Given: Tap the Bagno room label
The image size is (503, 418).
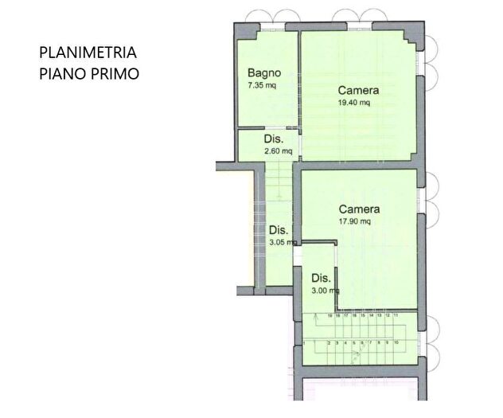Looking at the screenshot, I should point(262,73).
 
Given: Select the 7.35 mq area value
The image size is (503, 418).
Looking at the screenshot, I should point(262,84).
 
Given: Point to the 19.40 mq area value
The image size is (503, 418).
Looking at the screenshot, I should point(354,103).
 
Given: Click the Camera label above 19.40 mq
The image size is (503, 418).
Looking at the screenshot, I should point(357,91).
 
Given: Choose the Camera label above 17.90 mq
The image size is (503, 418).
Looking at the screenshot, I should point(359,209).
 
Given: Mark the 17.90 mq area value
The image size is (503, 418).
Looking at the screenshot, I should point(355,222).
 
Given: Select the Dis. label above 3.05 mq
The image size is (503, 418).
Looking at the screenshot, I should point(277,230).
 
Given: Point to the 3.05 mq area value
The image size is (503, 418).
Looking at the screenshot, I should point(283,242).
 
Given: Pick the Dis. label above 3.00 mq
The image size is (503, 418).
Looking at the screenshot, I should point(321,279).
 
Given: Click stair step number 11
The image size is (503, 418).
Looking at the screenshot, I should point(396,316).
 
